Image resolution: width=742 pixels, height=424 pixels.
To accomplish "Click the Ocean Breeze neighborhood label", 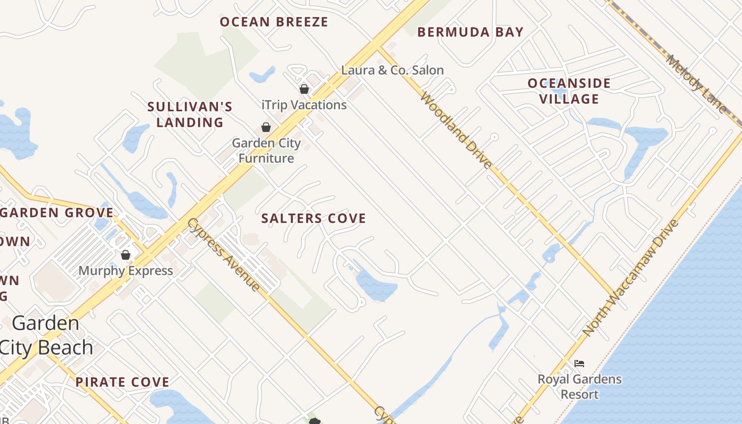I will click(274, 22).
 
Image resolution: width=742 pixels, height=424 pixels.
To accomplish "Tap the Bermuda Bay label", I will click(470, 32).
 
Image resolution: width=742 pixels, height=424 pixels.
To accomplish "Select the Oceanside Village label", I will click(569, 91).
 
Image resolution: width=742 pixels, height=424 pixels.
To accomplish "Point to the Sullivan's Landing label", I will click(190, 114).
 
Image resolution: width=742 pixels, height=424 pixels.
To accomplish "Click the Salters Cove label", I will click(314, 218).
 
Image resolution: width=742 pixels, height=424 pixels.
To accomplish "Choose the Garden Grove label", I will click(57, 213).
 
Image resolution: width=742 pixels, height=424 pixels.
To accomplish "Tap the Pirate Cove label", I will click(122, 382).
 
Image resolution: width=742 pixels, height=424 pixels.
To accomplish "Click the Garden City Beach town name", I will click(47, 335).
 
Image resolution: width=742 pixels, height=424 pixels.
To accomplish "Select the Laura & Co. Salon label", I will click(392, 70).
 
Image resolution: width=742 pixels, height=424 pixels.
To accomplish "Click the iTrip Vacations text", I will click(304, 105).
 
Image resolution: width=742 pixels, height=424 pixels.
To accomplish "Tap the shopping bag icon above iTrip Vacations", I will click(304, 89).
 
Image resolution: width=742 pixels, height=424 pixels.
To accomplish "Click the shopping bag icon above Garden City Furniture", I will click(266, 127).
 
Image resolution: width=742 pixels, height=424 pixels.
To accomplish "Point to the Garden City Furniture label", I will click(267, 151).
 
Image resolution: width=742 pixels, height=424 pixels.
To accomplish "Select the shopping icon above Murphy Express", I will click(126, 255).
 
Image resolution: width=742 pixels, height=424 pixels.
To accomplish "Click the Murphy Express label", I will click(126, 271).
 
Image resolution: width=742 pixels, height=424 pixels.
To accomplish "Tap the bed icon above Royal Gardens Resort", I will click(579, 364).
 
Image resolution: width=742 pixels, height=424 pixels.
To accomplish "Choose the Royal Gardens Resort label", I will click(580, 387).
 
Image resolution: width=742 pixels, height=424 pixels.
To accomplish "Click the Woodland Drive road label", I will click(456, 130).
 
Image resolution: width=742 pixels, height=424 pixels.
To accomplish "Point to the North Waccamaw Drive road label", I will click(631, 278).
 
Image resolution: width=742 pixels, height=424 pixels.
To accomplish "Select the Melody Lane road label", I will click(696, 83).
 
